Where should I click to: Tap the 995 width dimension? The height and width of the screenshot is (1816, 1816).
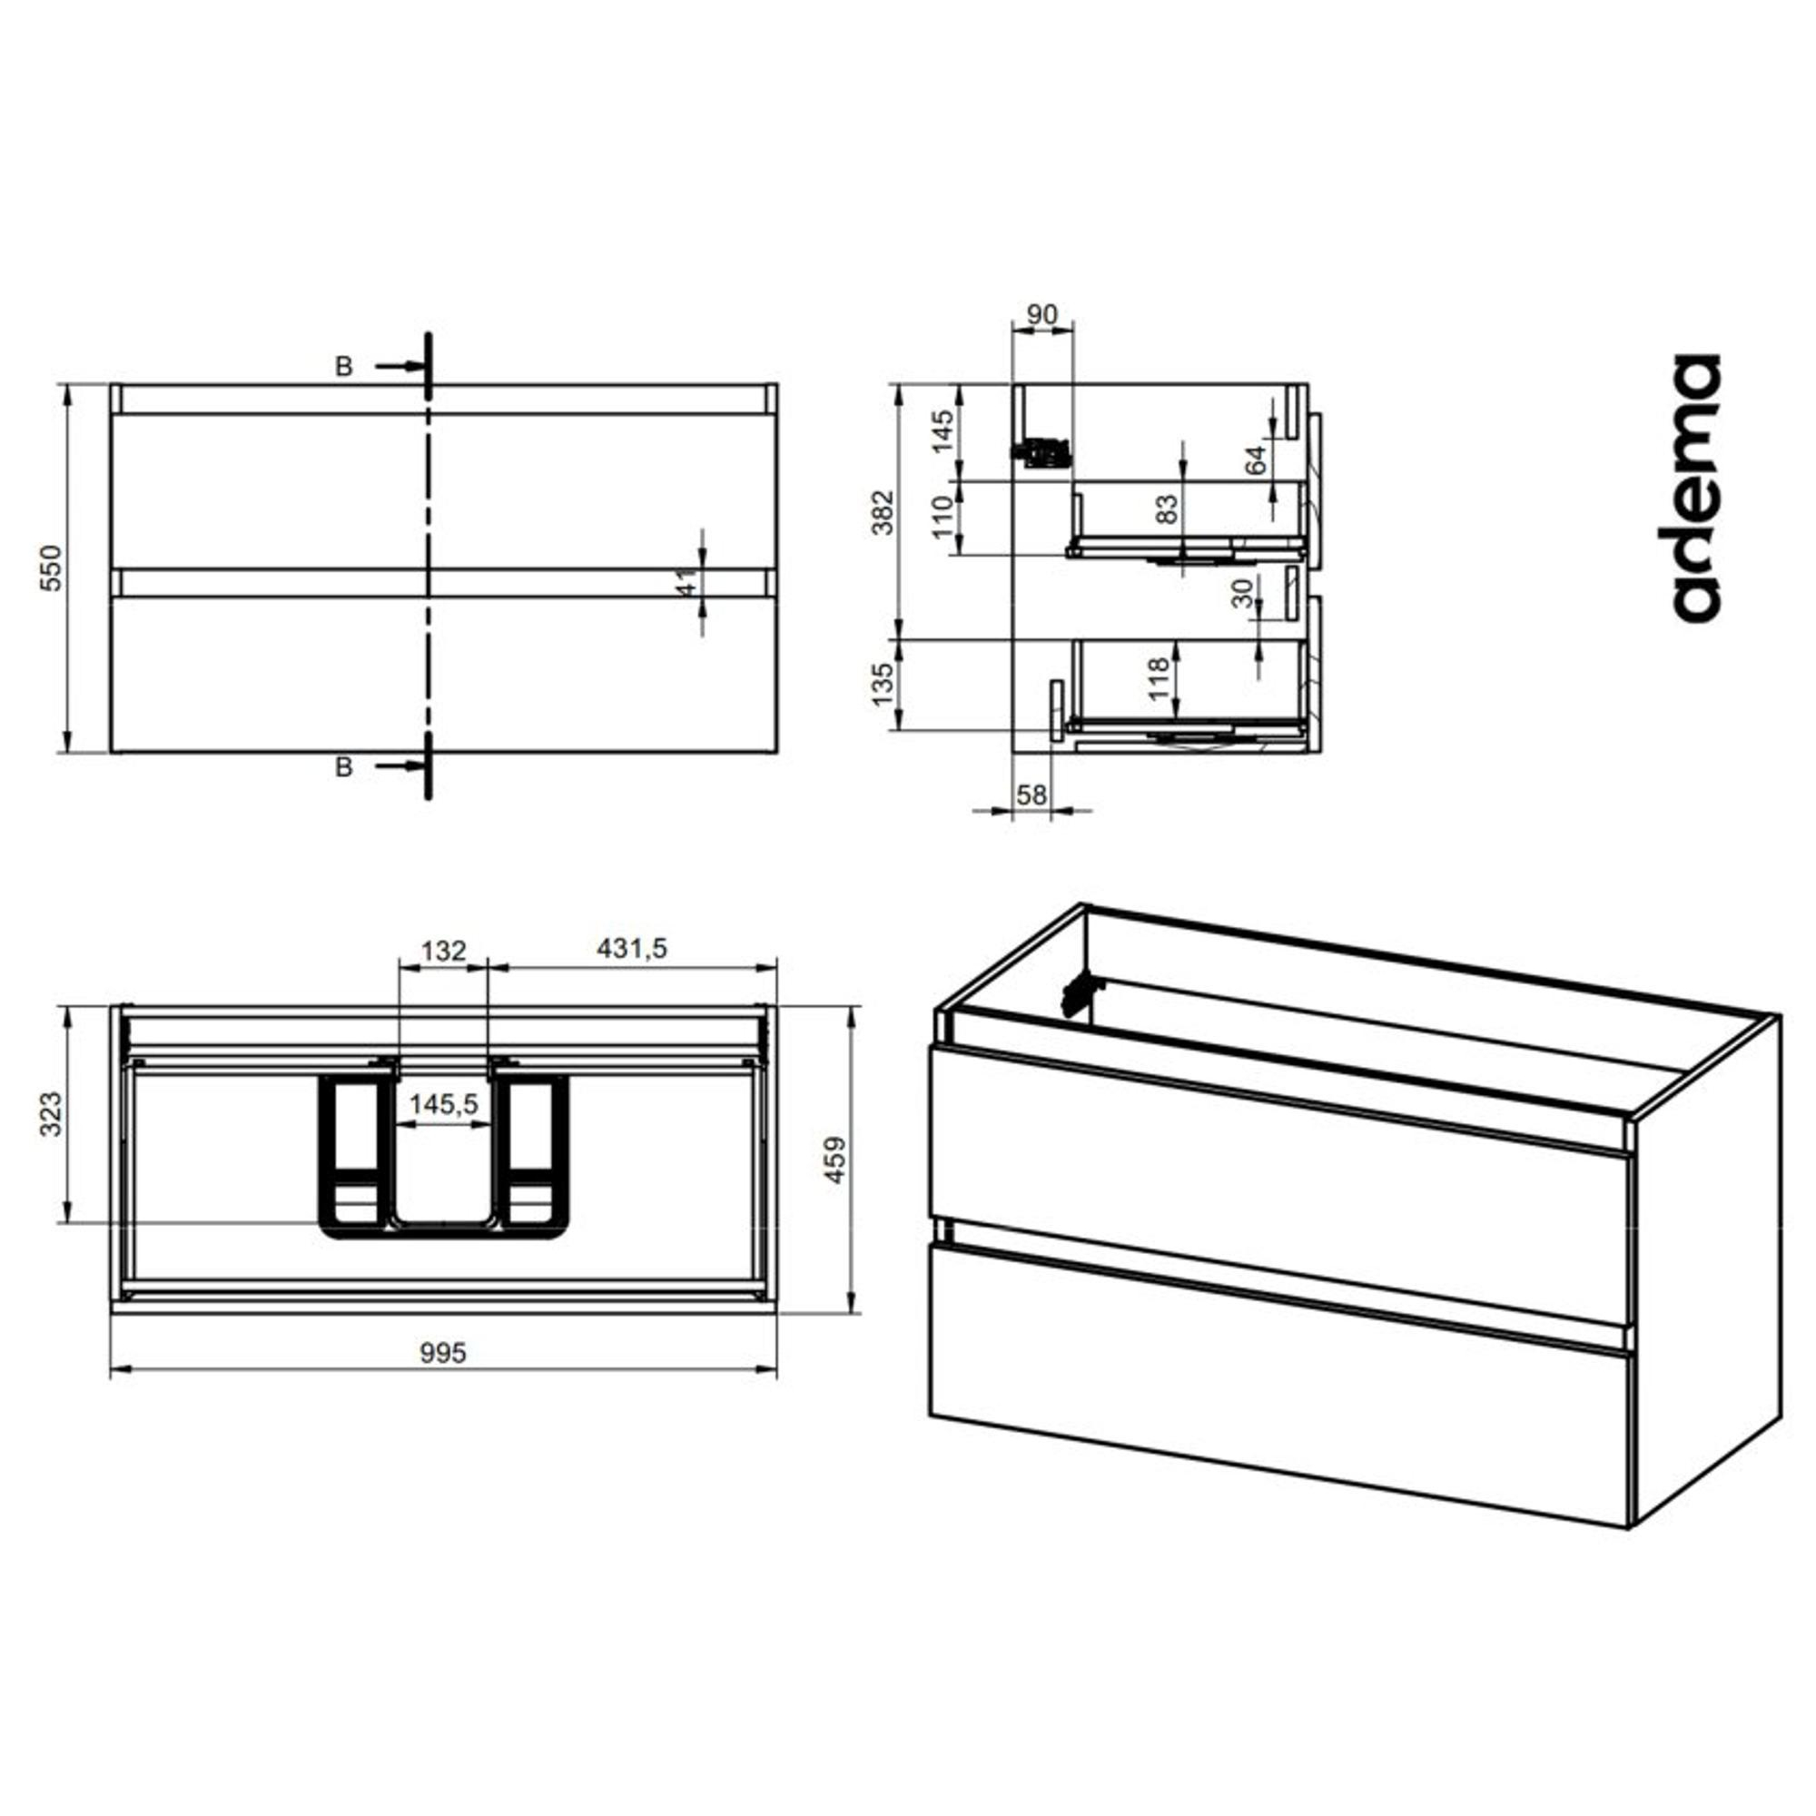[443, 1354]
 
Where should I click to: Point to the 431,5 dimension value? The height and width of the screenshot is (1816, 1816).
[632, 950]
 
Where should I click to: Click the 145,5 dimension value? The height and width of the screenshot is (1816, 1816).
[444, 1104]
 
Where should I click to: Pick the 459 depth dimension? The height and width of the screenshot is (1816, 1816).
[834, 1159]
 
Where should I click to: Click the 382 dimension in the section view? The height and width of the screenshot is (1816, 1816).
[883, 512]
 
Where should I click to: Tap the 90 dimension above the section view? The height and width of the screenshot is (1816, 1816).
[1041, 315]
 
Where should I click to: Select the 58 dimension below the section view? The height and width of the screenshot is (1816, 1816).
[1031, 795]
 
